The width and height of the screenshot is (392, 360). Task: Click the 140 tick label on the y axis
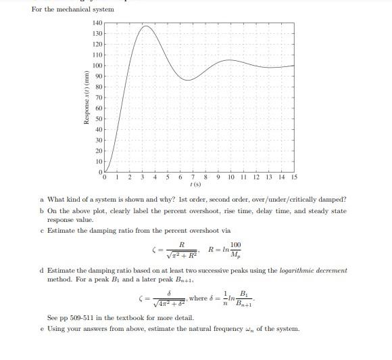tap(97, 23)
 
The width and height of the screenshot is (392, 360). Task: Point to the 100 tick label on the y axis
tap(97, 66)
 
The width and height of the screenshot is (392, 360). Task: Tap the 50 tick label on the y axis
tap(99, 119)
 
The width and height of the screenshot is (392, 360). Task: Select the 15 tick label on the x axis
tap(294, 177)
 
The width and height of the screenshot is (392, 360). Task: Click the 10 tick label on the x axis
tap(230, 177)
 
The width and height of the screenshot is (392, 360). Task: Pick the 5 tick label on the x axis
tap(168, 177)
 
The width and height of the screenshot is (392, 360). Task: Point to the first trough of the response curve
tap(190, 80)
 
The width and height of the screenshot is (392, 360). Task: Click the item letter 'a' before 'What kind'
tap(42, 200)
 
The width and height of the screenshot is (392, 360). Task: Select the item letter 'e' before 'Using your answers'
tap(42, 330)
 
